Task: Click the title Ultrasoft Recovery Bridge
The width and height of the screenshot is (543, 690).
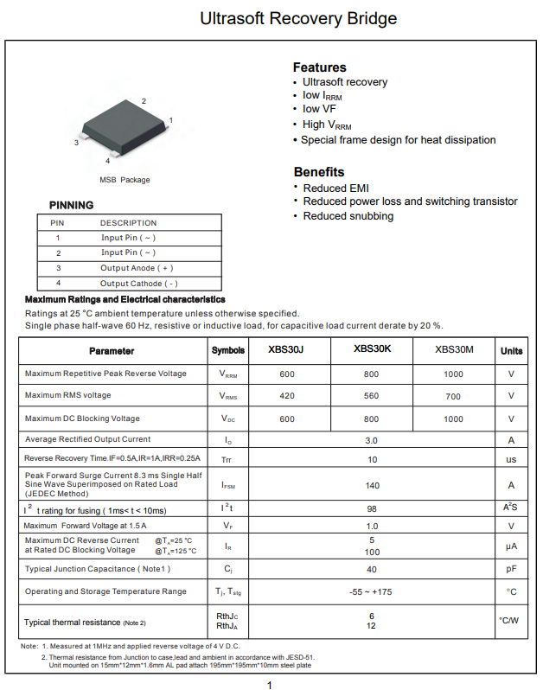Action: coord(298,18)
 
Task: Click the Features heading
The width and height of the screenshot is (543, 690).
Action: coord(319,67)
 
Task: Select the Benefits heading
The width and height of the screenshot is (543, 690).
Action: coord(318,171)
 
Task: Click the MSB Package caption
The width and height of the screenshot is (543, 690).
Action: coord(125,180)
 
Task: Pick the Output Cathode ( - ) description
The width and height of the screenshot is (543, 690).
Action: coord(138,283)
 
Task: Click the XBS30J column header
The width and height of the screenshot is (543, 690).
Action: coord(287,350)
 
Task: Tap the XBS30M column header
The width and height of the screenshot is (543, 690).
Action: coord(454,349)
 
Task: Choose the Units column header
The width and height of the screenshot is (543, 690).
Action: coord(511,350)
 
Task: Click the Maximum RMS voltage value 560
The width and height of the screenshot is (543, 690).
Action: coord(371,396)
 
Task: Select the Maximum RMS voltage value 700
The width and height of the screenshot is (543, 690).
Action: coord(453,396)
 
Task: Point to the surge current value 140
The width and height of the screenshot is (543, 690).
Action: coord(372,485)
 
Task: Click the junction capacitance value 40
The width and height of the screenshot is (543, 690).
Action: coord(372,569)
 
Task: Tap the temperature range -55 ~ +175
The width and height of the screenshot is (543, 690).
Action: coord(372,591)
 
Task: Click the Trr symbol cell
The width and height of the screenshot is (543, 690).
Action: coord(227,459)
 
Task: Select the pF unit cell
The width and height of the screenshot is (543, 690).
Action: coord(511,569)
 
